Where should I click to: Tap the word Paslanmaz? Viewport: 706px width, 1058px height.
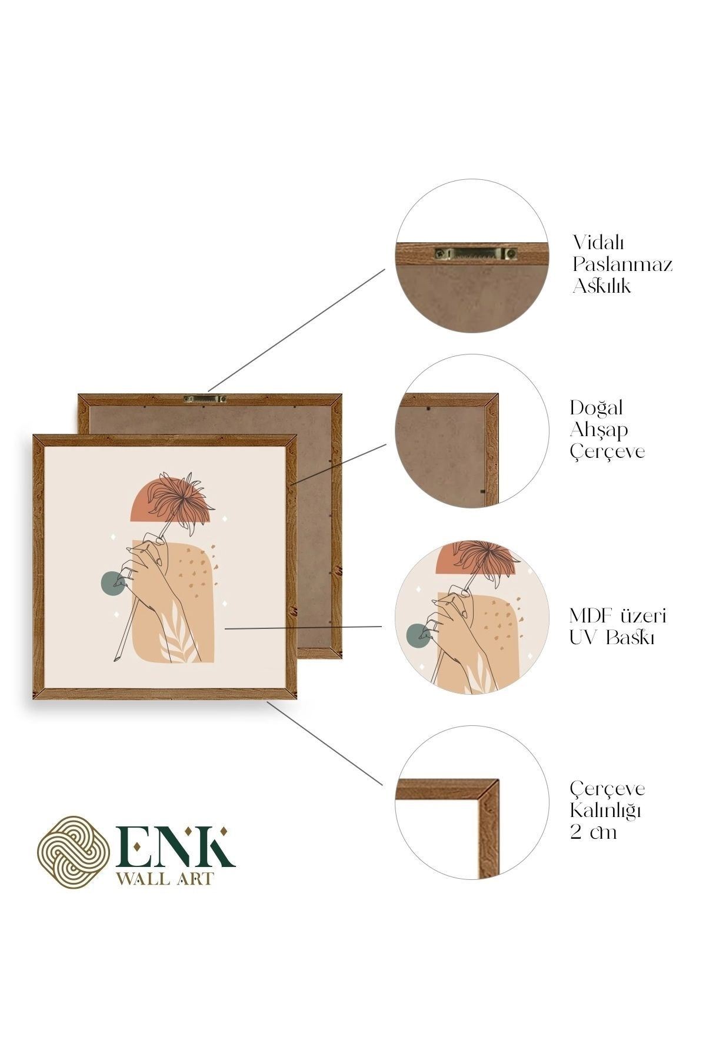click(x=622, y=264)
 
